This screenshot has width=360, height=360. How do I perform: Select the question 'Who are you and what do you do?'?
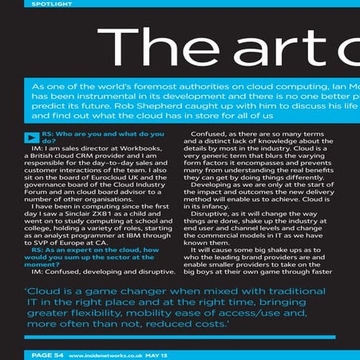[x=103, y=136]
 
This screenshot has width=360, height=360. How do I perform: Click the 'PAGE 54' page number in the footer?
[x=41, y=354]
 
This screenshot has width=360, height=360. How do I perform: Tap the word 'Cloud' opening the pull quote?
[x=47, y=291]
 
